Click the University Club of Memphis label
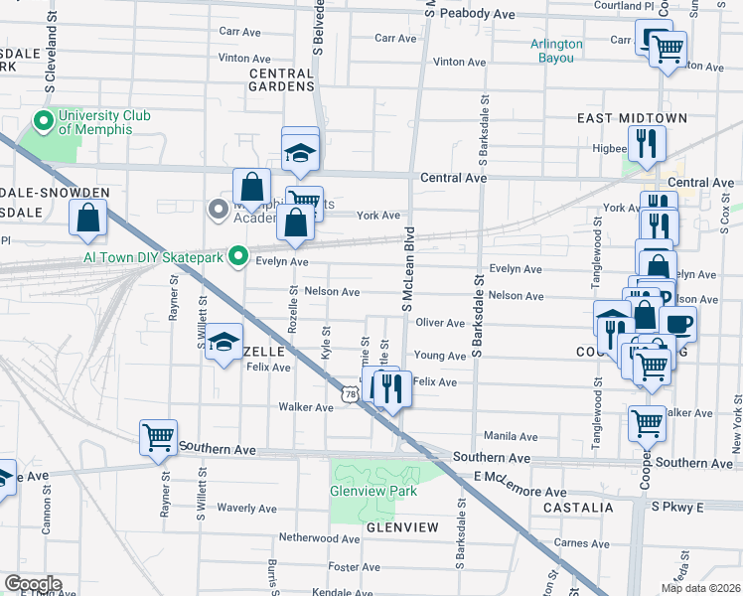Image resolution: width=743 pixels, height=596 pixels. [x=104, y=123]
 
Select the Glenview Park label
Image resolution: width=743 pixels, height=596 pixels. [x=373, y=490]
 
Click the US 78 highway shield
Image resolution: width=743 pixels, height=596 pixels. [x=351, y=394]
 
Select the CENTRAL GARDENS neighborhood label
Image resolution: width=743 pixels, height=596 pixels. [x=282, y=80]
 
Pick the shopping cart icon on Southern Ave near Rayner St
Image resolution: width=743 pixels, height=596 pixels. [x=159, y=435]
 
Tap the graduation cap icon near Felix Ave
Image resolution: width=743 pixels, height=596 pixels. [x=224, y=344]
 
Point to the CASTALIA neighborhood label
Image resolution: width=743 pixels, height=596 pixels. [x=578, y=508]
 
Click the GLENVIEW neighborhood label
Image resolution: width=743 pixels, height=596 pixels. [x=401, y=526]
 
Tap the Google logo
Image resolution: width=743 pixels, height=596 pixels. [x=33, y=584]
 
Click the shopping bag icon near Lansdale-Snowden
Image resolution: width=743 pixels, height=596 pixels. [x=88, y=218]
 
